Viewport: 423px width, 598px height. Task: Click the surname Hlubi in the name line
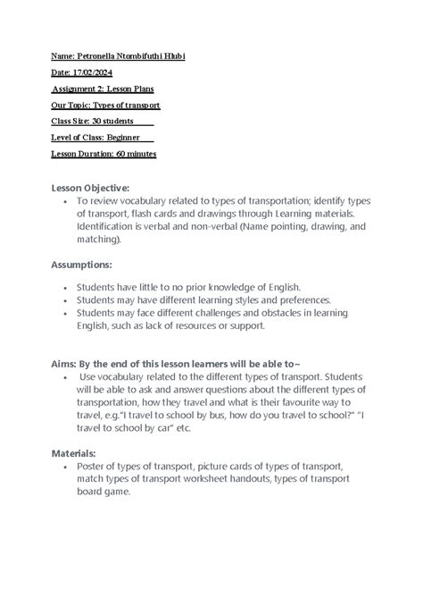tap(173, 57)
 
